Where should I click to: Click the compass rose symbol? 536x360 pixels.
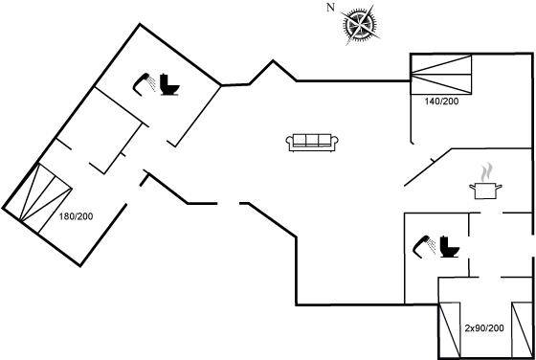click(x=360, y=25)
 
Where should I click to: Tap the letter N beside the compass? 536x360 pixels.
click(x=330, y=8)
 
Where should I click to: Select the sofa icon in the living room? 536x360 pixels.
click(x=312, y=143)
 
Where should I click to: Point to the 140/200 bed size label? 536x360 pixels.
click(x=441, y=101)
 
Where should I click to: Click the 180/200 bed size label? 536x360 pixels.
click(x=76, y=216)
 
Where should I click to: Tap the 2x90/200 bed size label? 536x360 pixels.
click(x=484, y=328)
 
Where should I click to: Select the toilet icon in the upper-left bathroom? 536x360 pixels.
click(x=169, y=84)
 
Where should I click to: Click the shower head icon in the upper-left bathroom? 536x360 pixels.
click(x=144, y=83)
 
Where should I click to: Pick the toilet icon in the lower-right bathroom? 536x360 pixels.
click(x=450, y=246)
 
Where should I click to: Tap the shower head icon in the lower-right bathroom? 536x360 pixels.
click(x=424, y=246)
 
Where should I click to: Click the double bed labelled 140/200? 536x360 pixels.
click(x=441, y=74)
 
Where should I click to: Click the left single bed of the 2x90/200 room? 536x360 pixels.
click(x=450, y=330)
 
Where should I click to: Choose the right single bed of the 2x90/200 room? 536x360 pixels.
click(x=522, y=330)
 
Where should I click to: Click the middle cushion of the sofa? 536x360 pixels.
click(x=312, y=140)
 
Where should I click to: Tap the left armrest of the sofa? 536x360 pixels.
click(x=289, y=143)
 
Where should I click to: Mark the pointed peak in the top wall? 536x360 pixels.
click(x=273, y=61)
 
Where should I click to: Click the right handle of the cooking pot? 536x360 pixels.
click(x=499, y=187)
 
